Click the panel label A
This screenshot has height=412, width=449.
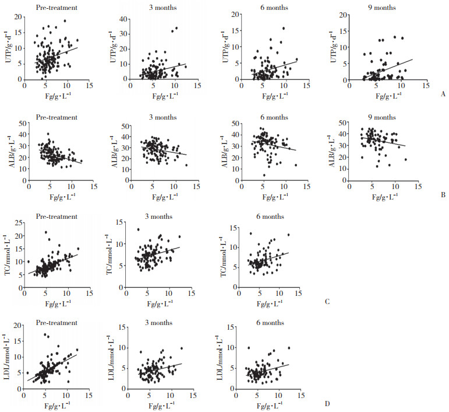(444, 92)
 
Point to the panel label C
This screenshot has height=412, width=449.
(328, 302)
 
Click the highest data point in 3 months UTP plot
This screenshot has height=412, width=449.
(176, 27)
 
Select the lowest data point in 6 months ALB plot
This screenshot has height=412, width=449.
(264, 175)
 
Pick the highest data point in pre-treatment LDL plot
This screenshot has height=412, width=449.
(45, 335)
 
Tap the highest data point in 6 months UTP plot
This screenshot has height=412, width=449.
(283, 28)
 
